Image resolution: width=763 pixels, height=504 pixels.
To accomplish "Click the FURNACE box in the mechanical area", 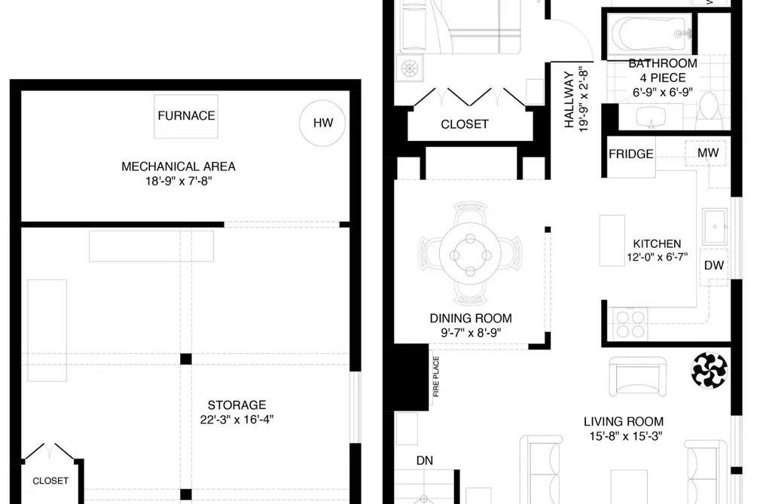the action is (x=186, y=116).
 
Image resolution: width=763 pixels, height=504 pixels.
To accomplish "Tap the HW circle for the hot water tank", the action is (x=322, y=123).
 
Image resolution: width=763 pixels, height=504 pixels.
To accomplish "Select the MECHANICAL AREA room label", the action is (x=178, y=166).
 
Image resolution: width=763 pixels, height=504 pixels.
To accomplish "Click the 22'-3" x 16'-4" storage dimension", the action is (x=237, y=420).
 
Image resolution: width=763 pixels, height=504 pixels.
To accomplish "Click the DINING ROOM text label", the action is (x=471, y=318).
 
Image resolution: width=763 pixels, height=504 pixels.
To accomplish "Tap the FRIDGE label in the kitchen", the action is (x=630, y=154).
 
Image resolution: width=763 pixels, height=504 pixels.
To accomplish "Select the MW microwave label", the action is (x=708, y=153).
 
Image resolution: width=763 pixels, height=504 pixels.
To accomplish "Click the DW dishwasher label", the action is (x=714, y=265).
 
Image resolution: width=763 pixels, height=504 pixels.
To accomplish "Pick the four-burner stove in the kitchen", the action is (x=630, y=324).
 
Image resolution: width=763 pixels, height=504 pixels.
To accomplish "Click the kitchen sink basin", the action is (x=715, y=226).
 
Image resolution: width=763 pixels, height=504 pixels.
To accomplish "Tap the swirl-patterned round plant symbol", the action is (x=710, y=371).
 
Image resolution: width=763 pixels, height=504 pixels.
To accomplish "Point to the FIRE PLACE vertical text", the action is (x=436, y=377).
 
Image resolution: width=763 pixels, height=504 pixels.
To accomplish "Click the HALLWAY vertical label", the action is (x=569, y=100).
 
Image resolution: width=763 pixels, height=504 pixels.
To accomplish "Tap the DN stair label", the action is (x=424, y=460).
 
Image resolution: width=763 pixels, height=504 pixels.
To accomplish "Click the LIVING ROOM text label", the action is (x=624, y=421).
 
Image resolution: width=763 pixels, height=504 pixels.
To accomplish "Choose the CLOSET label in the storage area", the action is (x=50, y=481).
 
